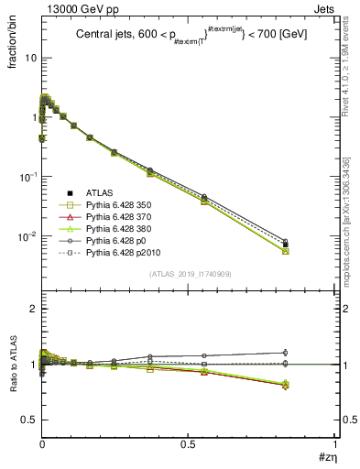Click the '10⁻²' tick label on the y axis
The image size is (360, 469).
[x=27, y=236]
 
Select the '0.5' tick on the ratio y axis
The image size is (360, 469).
[x=28, y=420]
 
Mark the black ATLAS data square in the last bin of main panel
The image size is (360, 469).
[x=286, y=245]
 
